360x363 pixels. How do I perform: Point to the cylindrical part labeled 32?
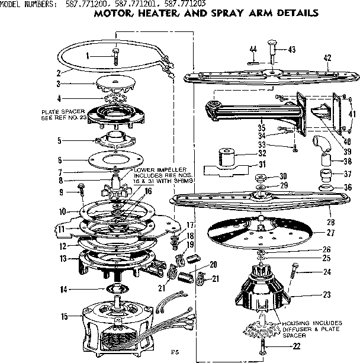pyautogui.click(x=224, y=158)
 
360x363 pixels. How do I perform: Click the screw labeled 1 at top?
pyautogui.click(x=113, y=57)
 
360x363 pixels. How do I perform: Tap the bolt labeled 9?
pyautogui.click(x=79, y=191)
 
